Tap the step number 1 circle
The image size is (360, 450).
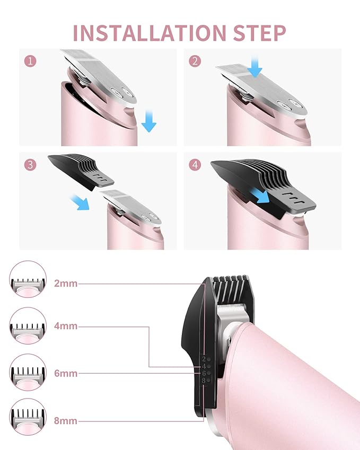tap(31, 61)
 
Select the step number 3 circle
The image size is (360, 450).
tap(31, 165)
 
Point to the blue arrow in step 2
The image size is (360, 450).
tap(256, 67)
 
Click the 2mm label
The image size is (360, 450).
tap(66, 284)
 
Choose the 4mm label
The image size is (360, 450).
tap(66, 327)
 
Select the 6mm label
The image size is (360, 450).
tap(66, 373)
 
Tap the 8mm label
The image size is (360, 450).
tap(66, 421)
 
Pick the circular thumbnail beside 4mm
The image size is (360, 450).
tap(28, 326)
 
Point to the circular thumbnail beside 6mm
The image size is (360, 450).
tap(28, 373)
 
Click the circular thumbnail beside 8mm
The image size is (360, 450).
tap(28, 417)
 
